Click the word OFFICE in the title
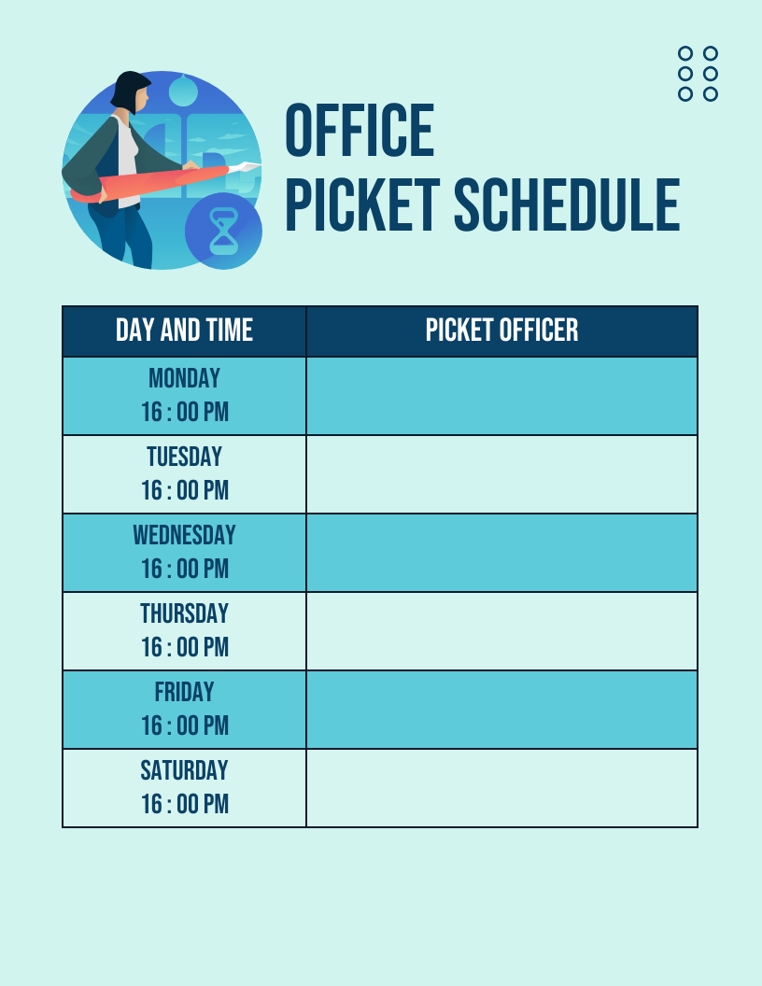click(x=360, y=131)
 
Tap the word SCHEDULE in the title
click(x=567, y=205)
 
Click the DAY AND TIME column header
click(x=184, y=331)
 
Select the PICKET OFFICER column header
click(x=501, y=331)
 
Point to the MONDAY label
click(x=184, y=378)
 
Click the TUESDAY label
click(x=184, y=457)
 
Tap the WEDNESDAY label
click(x=184, y=535)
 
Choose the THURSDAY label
click(x=184, y=613)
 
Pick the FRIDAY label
click(x=184, y=692)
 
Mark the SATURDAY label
click(x=184, y=770)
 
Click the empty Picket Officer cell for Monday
click(x=501, y=396)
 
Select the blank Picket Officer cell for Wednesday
click(x=501, y=553)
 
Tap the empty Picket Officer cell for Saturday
click(x=501, y=788)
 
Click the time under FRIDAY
click(x=184, y=725)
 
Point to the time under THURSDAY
click(x=184, y=647)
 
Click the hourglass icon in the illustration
click(x=223, y=232)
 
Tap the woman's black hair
click(x=128, y=86)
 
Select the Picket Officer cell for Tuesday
click(x=501, y=474)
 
